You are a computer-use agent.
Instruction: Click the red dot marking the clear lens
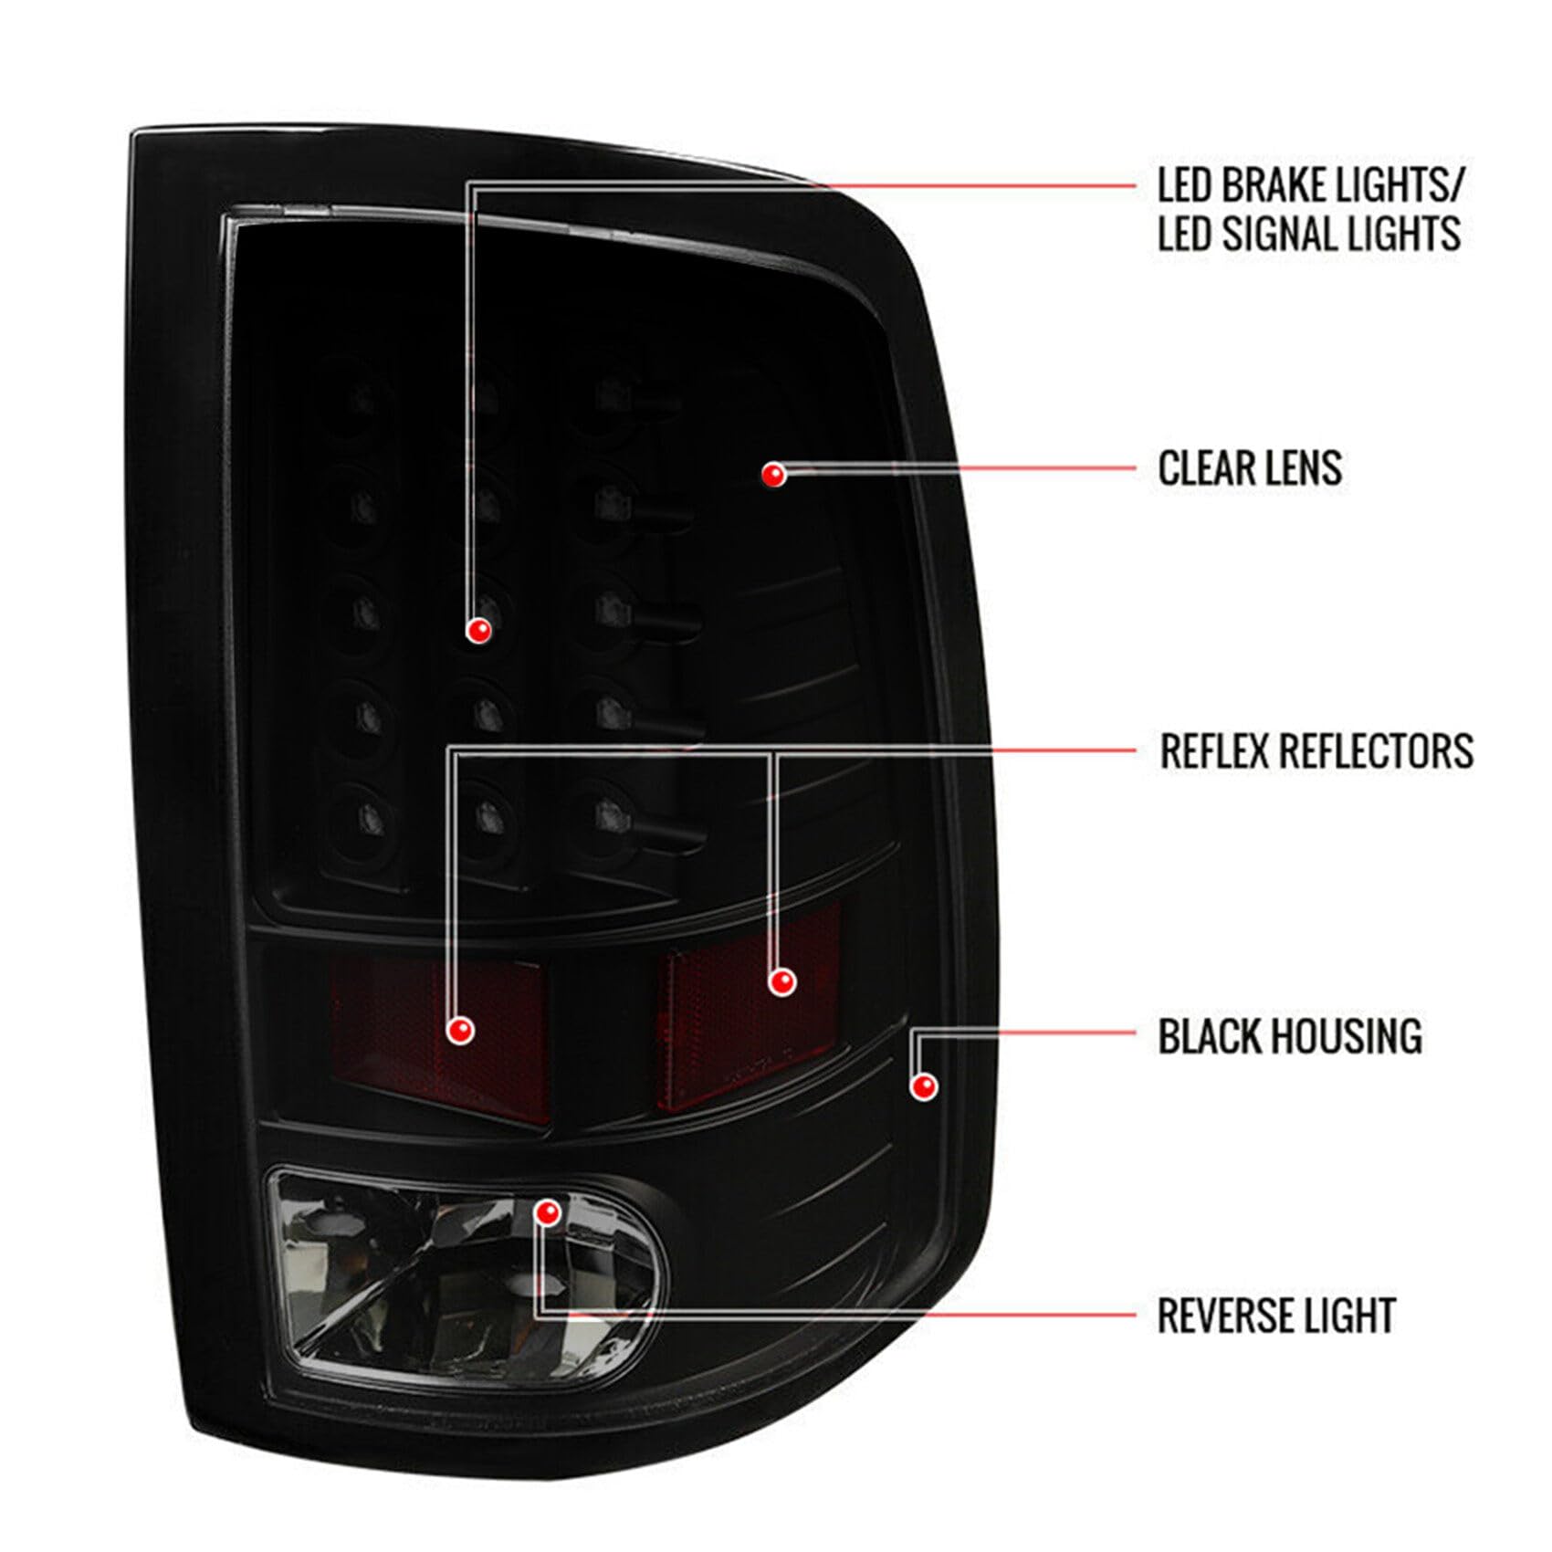(775, 474)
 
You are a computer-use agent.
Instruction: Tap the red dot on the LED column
(478, 630)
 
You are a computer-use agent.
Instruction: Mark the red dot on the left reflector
(460, 1031)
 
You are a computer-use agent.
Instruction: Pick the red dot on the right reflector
(781, 982)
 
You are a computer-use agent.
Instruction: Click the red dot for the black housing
(924, 1086)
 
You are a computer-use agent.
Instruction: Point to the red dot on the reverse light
(548, 1213)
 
